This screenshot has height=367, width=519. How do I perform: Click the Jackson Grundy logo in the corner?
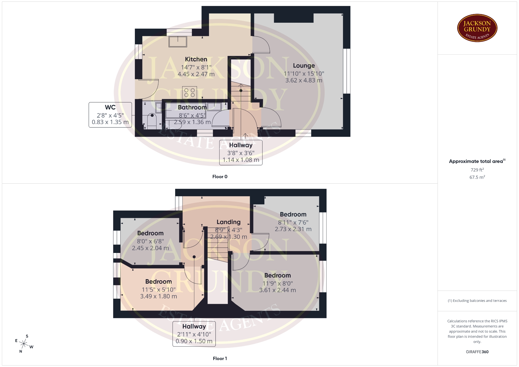click(477, 28)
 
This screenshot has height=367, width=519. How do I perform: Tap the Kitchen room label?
click(196, 59)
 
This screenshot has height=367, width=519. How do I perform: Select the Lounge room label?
click(304, 66)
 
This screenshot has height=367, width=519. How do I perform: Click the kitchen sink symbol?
click(178, 41)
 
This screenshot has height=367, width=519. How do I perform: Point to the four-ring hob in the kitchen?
click(189, 92)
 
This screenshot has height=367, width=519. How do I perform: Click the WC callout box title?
click(110, 107)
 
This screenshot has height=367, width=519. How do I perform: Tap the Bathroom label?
click(192, 107)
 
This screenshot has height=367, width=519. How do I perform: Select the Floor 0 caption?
click(220, 176)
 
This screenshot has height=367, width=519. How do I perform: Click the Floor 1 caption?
click(220, 358)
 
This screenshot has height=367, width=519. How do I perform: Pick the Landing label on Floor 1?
click(228, 222)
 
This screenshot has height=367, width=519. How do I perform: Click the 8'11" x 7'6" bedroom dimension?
click(293, 222)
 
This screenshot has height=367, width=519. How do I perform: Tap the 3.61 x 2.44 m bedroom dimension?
click(278, 290)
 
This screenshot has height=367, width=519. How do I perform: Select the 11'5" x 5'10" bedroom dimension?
click(159, 289)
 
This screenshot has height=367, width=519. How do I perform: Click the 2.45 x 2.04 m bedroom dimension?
click(150, 248)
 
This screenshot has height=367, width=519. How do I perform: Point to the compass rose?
click(24, 344)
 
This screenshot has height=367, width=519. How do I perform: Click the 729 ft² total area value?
click(477, 170)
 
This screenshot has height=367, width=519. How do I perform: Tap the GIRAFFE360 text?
click(477, 352)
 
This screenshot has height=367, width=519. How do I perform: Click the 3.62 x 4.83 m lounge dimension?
click(304, 80)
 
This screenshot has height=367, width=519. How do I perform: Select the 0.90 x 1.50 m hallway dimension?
click(194, 341)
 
